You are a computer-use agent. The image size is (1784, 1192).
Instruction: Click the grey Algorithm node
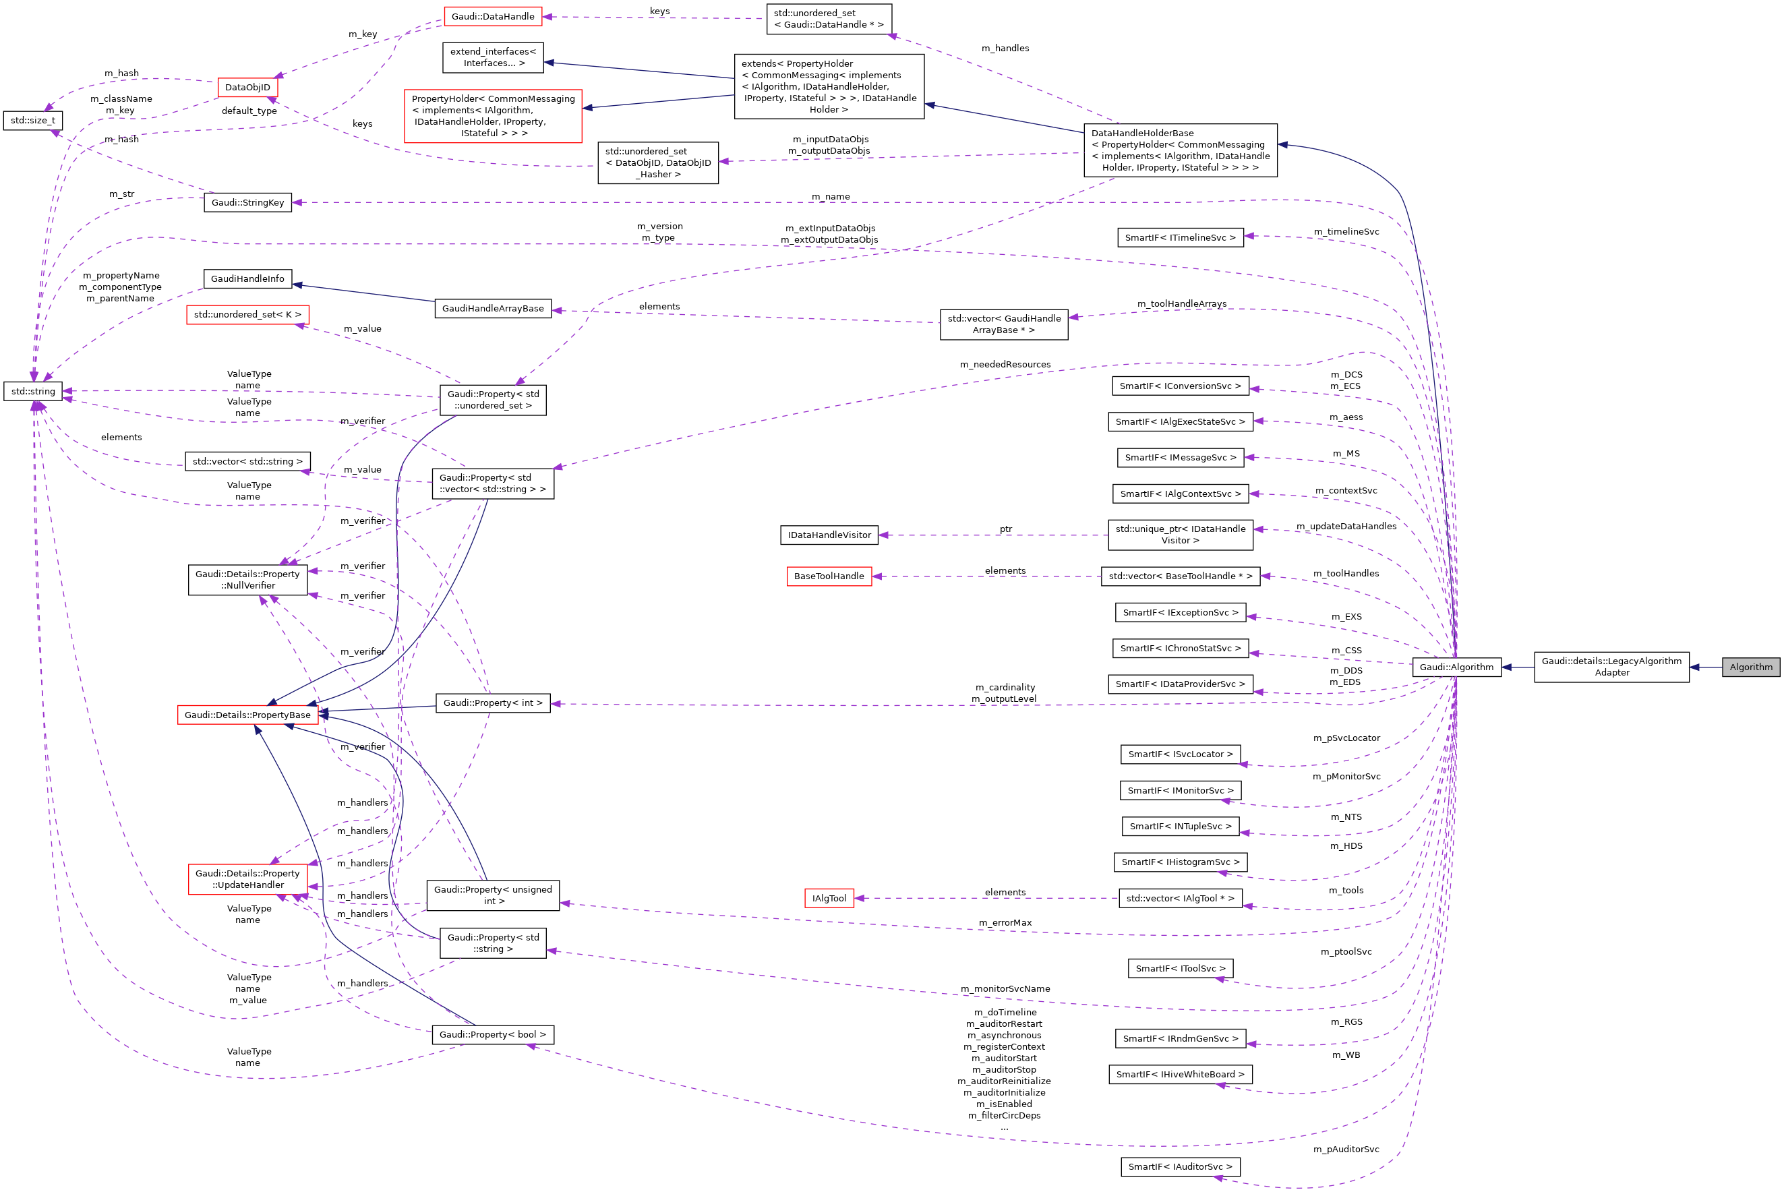[x=1750, y=667]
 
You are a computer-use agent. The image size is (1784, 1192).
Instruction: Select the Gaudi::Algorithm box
[x=1456, y=667]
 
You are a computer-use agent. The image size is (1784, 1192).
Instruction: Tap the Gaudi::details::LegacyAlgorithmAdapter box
[x=1611, y=667]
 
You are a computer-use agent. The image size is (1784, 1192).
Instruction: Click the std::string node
[x=32, y=391]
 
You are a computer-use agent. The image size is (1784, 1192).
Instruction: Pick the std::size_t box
[x=32, y=120]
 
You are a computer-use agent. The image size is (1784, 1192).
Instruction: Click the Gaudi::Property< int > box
[x=493, y=703]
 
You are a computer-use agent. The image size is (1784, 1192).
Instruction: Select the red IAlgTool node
[x=829, y=898]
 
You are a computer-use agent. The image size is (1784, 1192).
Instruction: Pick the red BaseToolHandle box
[x=829, y=576]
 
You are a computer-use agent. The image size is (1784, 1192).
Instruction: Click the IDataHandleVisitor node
[x=829, y=535]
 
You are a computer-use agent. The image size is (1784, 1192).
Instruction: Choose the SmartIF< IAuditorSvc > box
[x=1180, y=1166]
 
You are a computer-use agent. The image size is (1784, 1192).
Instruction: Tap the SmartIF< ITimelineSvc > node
[x=1180, y=237]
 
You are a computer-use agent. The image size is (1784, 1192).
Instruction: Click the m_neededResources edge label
[x=1005, y=364]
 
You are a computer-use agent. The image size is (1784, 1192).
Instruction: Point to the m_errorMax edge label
[x=1005, y=922]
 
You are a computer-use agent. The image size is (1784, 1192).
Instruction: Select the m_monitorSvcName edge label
[x=1005, y=988]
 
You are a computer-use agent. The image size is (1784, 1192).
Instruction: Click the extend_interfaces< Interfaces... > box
[x=493, y=57]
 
